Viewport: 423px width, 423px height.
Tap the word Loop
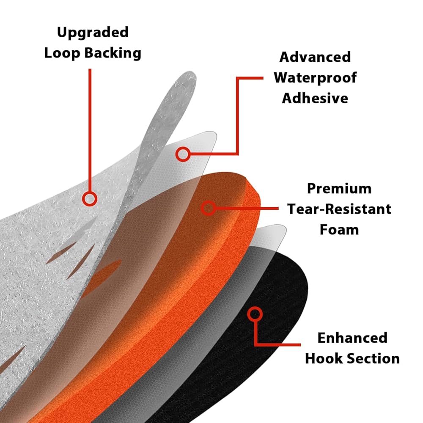click(62, 52)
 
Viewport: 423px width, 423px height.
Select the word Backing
click(113, 53)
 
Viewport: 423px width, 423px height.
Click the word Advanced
click(315, 57)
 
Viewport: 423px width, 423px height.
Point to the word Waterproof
click(315, 78)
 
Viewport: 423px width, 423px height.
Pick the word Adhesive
click(315, 98)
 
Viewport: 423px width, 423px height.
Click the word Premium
click(339, 189)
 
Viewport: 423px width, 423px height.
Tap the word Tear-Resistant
click(339, 209)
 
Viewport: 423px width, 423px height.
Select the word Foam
click(339, 230)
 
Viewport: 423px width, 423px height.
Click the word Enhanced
click(352, 338)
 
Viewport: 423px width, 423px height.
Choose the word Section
click(373, 359)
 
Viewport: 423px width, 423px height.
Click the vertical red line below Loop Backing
click(90, 130)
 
